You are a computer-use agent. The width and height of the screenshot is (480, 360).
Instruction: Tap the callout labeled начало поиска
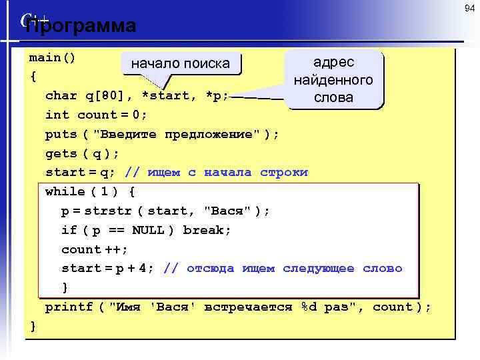click(x=180, y=64)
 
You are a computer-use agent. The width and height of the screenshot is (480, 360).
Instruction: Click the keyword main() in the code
click(x=52, y=57)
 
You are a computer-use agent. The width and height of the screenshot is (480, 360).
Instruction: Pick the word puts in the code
click(x=61, y=134)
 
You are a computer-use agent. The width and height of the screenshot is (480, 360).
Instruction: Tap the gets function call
click(x=61, y=153)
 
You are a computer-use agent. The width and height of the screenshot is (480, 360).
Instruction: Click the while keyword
click(x=65, y=192)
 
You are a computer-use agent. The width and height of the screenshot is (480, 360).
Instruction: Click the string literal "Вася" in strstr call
click(x=227, y=211)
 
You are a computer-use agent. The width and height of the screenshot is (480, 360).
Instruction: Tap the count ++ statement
click(x=95, y=249)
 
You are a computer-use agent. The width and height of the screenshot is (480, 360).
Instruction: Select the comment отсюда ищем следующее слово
click(x=294, y=269)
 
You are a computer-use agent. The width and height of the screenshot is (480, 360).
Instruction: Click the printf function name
click(x=69, y=307)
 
